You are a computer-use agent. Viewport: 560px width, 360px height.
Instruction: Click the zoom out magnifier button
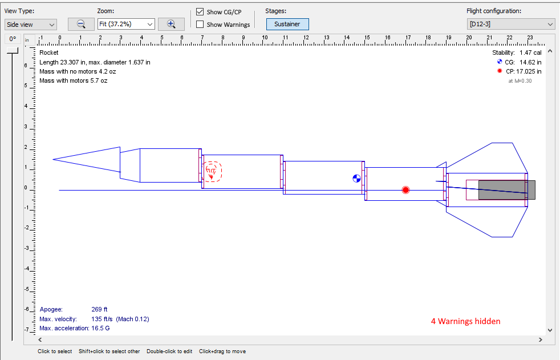81,24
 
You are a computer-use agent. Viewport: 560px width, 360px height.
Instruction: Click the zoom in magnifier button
171,24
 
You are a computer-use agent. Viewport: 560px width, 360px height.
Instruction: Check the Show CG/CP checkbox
200,12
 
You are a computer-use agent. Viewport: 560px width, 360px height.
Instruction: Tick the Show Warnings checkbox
200,25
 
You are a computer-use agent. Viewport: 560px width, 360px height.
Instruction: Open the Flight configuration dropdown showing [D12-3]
510,24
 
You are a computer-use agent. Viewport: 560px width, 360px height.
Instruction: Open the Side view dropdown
31,24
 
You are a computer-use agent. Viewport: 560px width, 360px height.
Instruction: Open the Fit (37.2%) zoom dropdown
126,24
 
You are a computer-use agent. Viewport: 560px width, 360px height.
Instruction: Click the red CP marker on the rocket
405,190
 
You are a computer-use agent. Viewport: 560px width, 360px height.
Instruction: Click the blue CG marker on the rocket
356,179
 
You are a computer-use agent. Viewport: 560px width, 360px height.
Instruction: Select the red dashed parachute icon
213,171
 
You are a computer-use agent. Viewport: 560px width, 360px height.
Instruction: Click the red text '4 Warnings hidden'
465,321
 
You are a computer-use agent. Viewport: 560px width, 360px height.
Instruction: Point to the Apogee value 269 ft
100,309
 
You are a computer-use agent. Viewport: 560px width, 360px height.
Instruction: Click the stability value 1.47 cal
530,52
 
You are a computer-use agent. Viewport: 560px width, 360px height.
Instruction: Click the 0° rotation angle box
13,39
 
